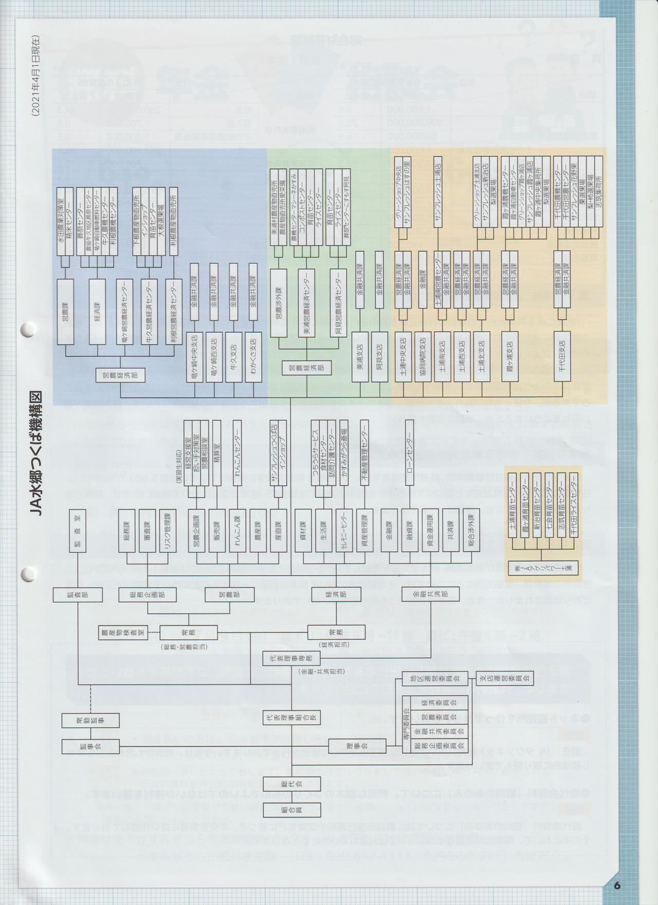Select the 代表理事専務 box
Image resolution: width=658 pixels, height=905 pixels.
[291, 658]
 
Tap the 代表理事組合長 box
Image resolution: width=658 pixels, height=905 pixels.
[291, 716]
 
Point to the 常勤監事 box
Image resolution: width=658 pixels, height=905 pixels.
[90, 720]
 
